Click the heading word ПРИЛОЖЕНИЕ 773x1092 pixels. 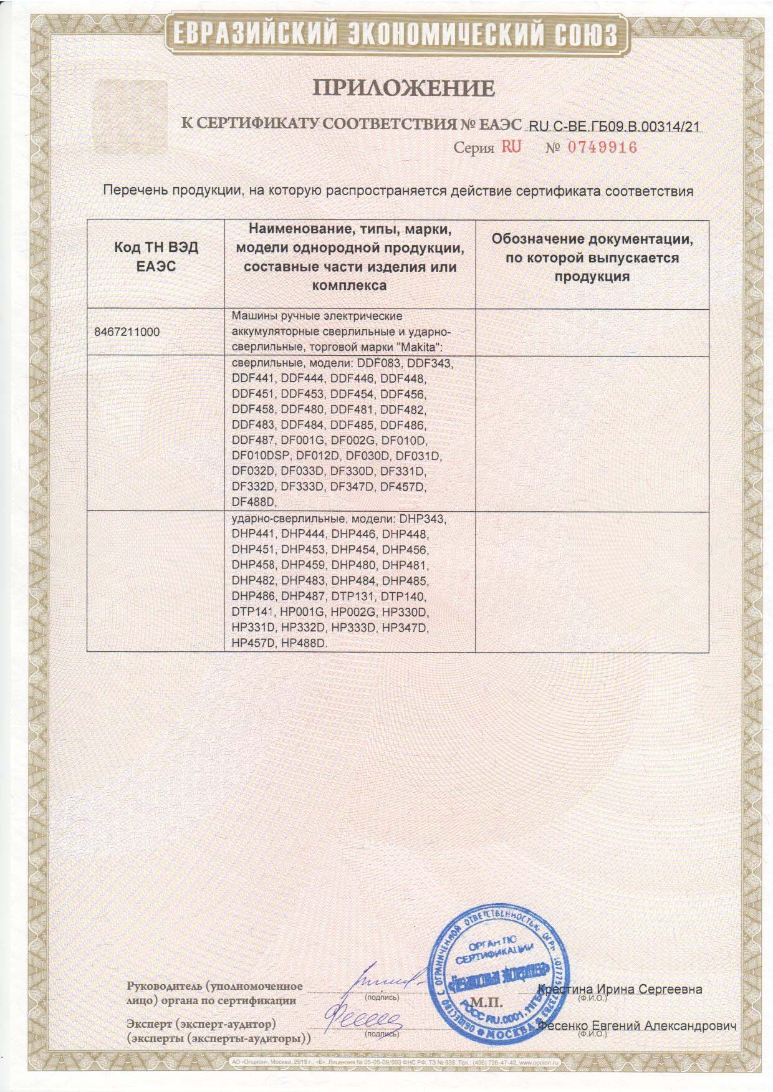(x=403, y=88)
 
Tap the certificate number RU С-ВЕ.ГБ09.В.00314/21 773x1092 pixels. (x=614, y=127)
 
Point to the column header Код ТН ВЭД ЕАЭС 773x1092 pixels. (x=156, y=257)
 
